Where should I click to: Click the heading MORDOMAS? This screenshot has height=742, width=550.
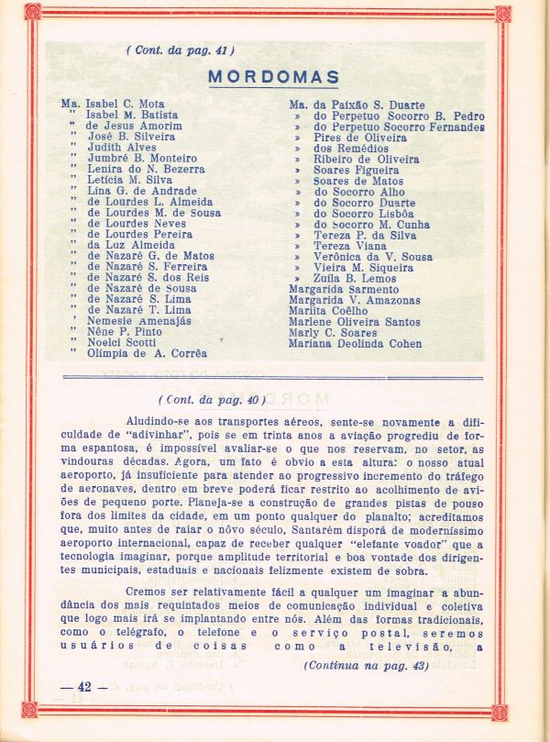[273, 77]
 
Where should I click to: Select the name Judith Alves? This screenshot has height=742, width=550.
[122, 148]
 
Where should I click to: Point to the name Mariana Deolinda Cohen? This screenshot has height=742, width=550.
[356, 344]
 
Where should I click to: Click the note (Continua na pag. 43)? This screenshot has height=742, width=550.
[366, 665]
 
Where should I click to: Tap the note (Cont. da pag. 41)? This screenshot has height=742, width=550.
[180, 50]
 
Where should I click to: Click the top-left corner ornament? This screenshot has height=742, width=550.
[33, 13]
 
